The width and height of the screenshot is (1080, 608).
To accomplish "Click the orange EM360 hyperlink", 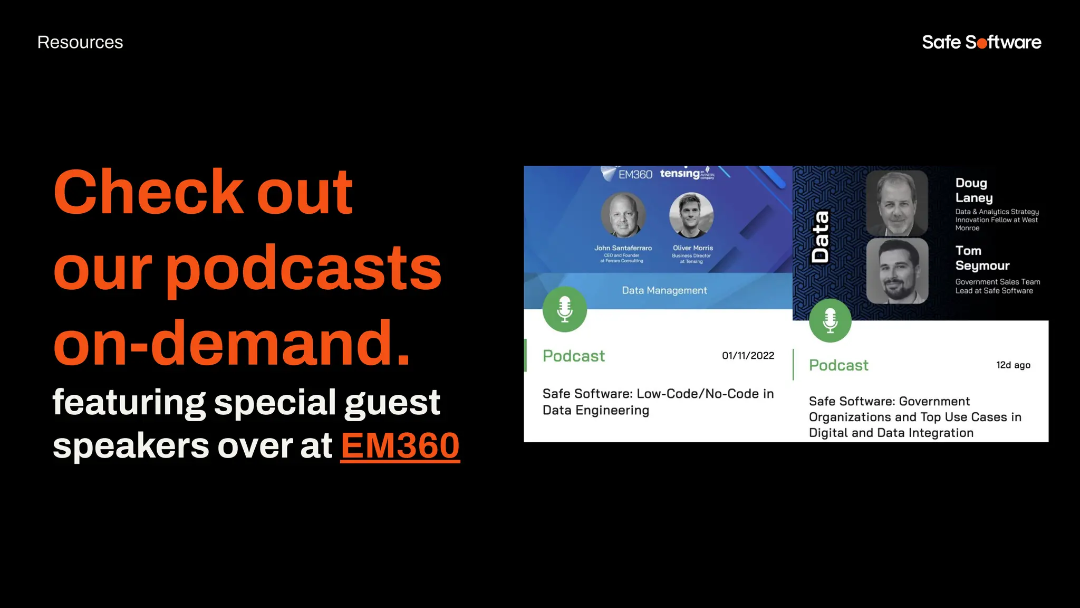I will tap(400, 446).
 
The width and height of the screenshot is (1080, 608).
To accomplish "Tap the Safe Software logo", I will tap(981, 42).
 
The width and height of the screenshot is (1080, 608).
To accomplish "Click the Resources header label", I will tap(80, 42).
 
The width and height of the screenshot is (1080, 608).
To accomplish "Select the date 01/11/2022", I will tap(748, 356).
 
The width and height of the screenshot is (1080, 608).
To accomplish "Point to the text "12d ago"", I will tap(1013, 365).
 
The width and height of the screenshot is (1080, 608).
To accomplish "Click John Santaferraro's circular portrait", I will tap(623, 215).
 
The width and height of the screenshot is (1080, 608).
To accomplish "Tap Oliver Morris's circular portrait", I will tap(691, 215).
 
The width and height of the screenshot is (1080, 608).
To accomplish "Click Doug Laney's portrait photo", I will tap(897, 203).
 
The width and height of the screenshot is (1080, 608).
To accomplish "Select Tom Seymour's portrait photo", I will tap(897, 271).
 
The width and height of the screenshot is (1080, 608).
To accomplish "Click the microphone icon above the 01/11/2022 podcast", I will tap(565, 309).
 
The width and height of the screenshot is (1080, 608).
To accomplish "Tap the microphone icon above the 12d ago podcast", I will tap(830, 320).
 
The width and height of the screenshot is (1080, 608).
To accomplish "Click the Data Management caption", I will tap(664, 291).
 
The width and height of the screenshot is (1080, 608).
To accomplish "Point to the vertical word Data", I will tap(821, 237).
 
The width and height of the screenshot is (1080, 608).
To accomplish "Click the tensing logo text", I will tap(680, 174).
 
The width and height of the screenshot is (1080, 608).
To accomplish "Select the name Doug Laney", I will tap(973, 191).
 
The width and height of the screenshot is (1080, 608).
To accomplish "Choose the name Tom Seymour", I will tap(982, 258).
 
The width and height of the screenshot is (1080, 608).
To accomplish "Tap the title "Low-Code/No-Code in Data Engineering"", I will tap(658, 402).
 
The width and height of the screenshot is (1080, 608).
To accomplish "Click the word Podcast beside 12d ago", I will tap(838, 365).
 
